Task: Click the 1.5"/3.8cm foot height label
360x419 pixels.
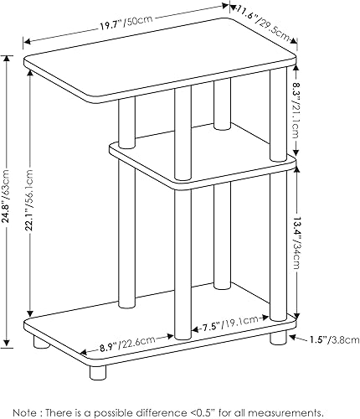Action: click(331, 341)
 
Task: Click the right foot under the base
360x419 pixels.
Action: click(278, 341)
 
